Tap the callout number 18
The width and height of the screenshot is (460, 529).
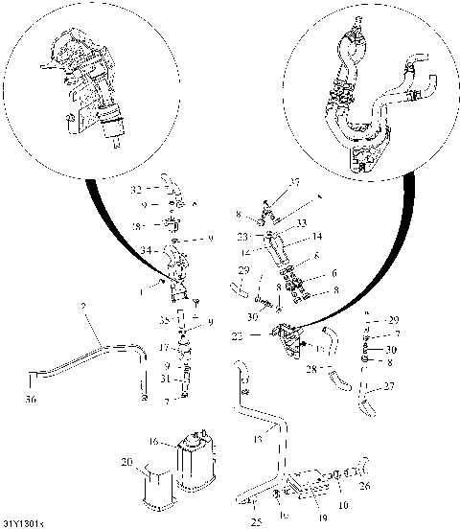pos(136,226)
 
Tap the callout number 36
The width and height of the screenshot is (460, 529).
pos(32,401)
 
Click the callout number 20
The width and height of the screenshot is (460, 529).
pos(126,462)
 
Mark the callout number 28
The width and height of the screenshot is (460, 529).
pos(311,367)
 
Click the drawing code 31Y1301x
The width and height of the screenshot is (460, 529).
pos(25,523)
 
